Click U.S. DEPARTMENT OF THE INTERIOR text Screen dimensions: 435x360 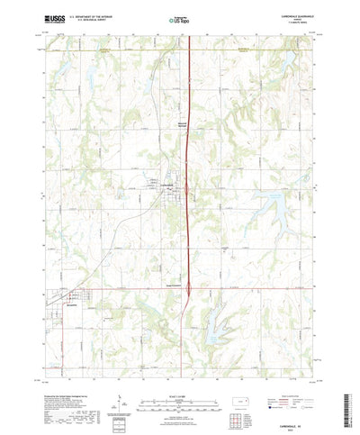(x=88, y=15)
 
